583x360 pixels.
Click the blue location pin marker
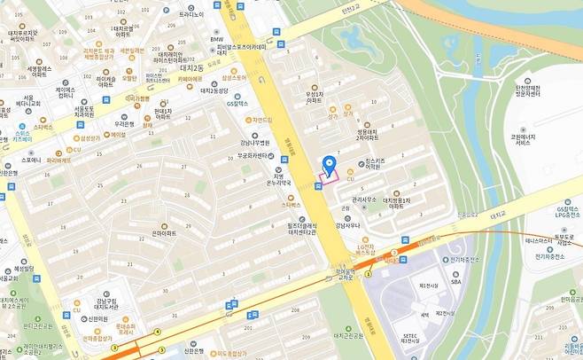click(x=329, y=165)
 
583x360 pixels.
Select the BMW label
click(x=216, y=39)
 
